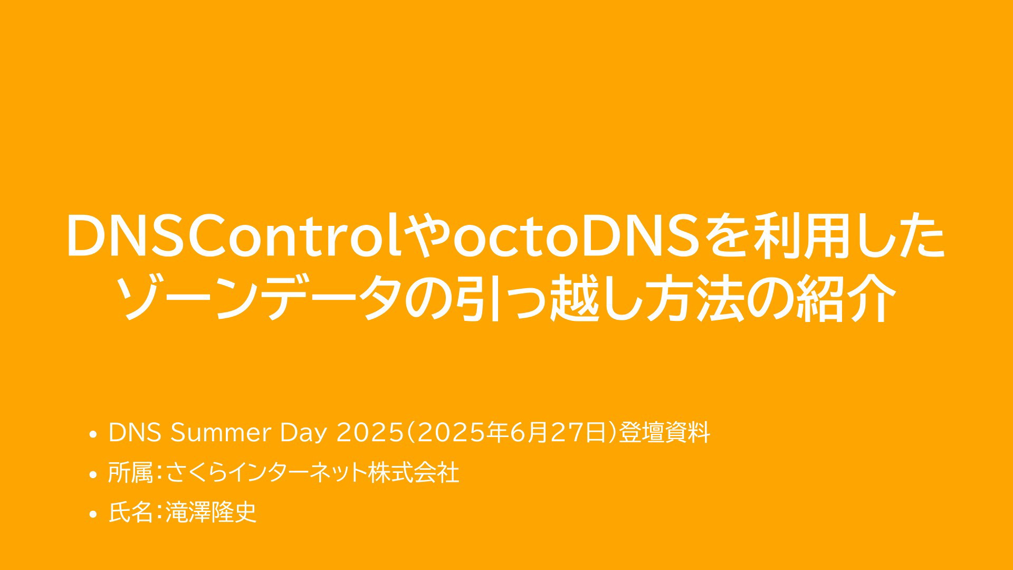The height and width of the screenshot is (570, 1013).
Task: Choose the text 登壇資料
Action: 664,433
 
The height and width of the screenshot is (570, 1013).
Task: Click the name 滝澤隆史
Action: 211,512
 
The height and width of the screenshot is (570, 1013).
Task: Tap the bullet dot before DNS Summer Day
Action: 93,435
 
